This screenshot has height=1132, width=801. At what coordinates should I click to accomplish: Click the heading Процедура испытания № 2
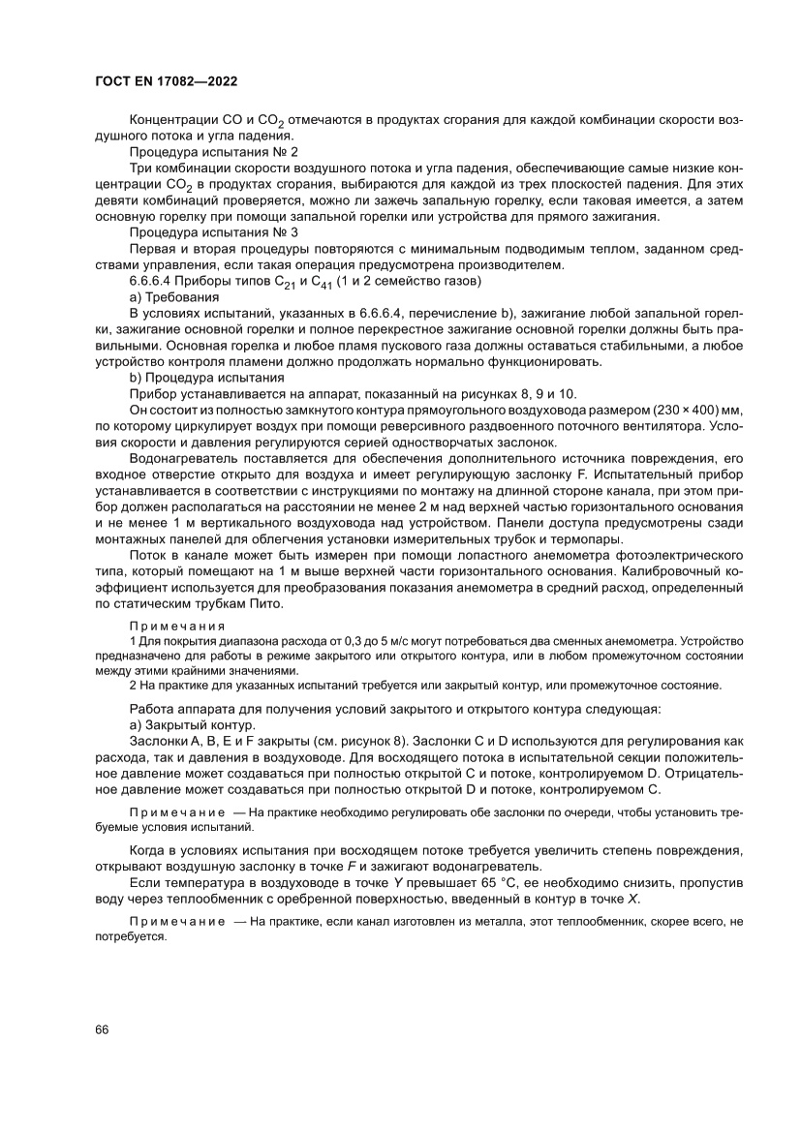213,152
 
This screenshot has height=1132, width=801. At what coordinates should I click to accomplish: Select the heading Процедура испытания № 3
213,233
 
